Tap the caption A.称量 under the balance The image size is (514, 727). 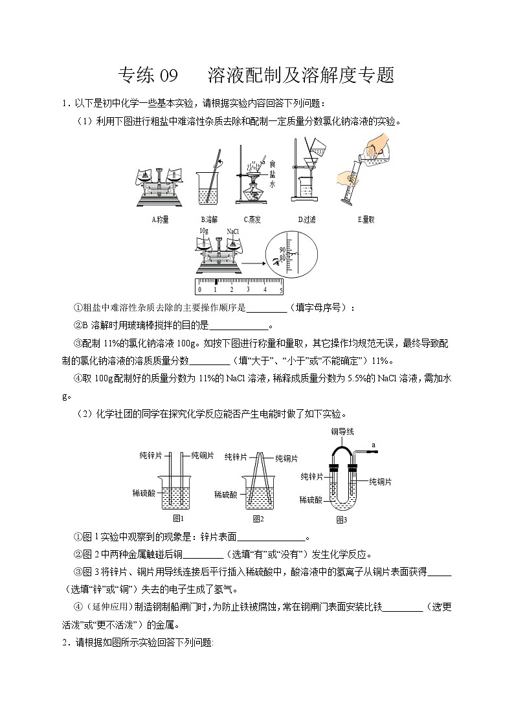point(160,219)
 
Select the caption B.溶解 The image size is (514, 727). point(209,219)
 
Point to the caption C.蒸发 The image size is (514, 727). point(252,219)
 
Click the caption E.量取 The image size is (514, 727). point(366,219)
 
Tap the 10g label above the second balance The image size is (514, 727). point(204,230)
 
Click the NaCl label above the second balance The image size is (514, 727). point(233,230)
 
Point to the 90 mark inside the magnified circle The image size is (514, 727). point(282,249)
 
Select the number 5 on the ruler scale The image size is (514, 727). point(280,289)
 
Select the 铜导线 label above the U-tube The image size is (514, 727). point(342,431)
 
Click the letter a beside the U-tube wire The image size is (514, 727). point(374,444)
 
